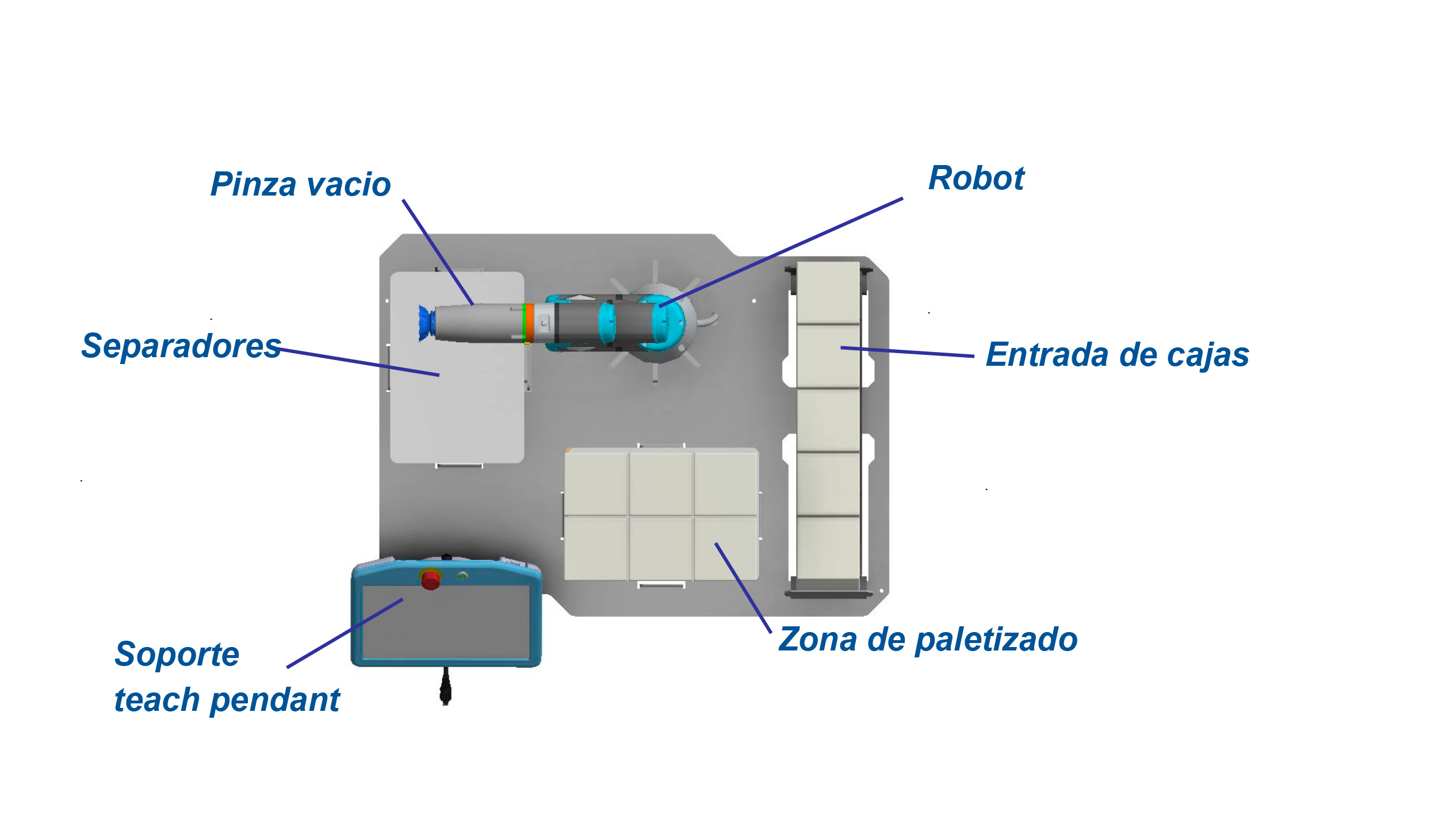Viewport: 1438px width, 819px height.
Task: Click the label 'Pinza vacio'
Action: (300, 185)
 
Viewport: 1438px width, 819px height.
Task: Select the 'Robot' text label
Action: (976, 178)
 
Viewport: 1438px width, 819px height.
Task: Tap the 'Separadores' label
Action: (181, 346)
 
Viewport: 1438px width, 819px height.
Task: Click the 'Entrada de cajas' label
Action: (1117, 354)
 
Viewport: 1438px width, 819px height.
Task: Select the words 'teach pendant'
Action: (227, 700)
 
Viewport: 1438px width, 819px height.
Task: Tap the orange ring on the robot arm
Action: (529, 323)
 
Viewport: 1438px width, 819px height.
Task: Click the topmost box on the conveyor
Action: (828, 293)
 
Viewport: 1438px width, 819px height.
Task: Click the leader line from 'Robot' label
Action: (782, 252)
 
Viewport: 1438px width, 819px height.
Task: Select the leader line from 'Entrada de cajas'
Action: (908, 352)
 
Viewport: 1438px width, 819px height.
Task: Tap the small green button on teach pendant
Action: (462, 575)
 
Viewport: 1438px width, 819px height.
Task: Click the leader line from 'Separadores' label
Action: (359, 362)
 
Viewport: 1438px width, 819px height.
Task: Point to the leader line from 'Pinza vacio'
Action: (437, 252)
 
